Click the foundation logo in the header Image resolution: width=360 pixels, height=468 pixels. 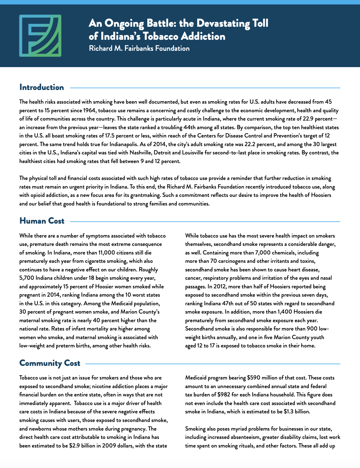coord(40,36)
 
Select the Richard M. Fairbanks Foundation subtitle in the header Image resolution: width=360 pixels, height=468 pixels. coord(139,48)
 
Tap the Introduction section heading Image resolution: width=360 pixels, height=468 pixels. coord(42,87)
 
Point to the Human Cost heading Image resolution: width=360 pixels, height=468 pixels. coord(42,221)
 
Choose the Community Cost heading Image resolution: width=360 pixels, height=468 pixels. coord(50,363)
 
